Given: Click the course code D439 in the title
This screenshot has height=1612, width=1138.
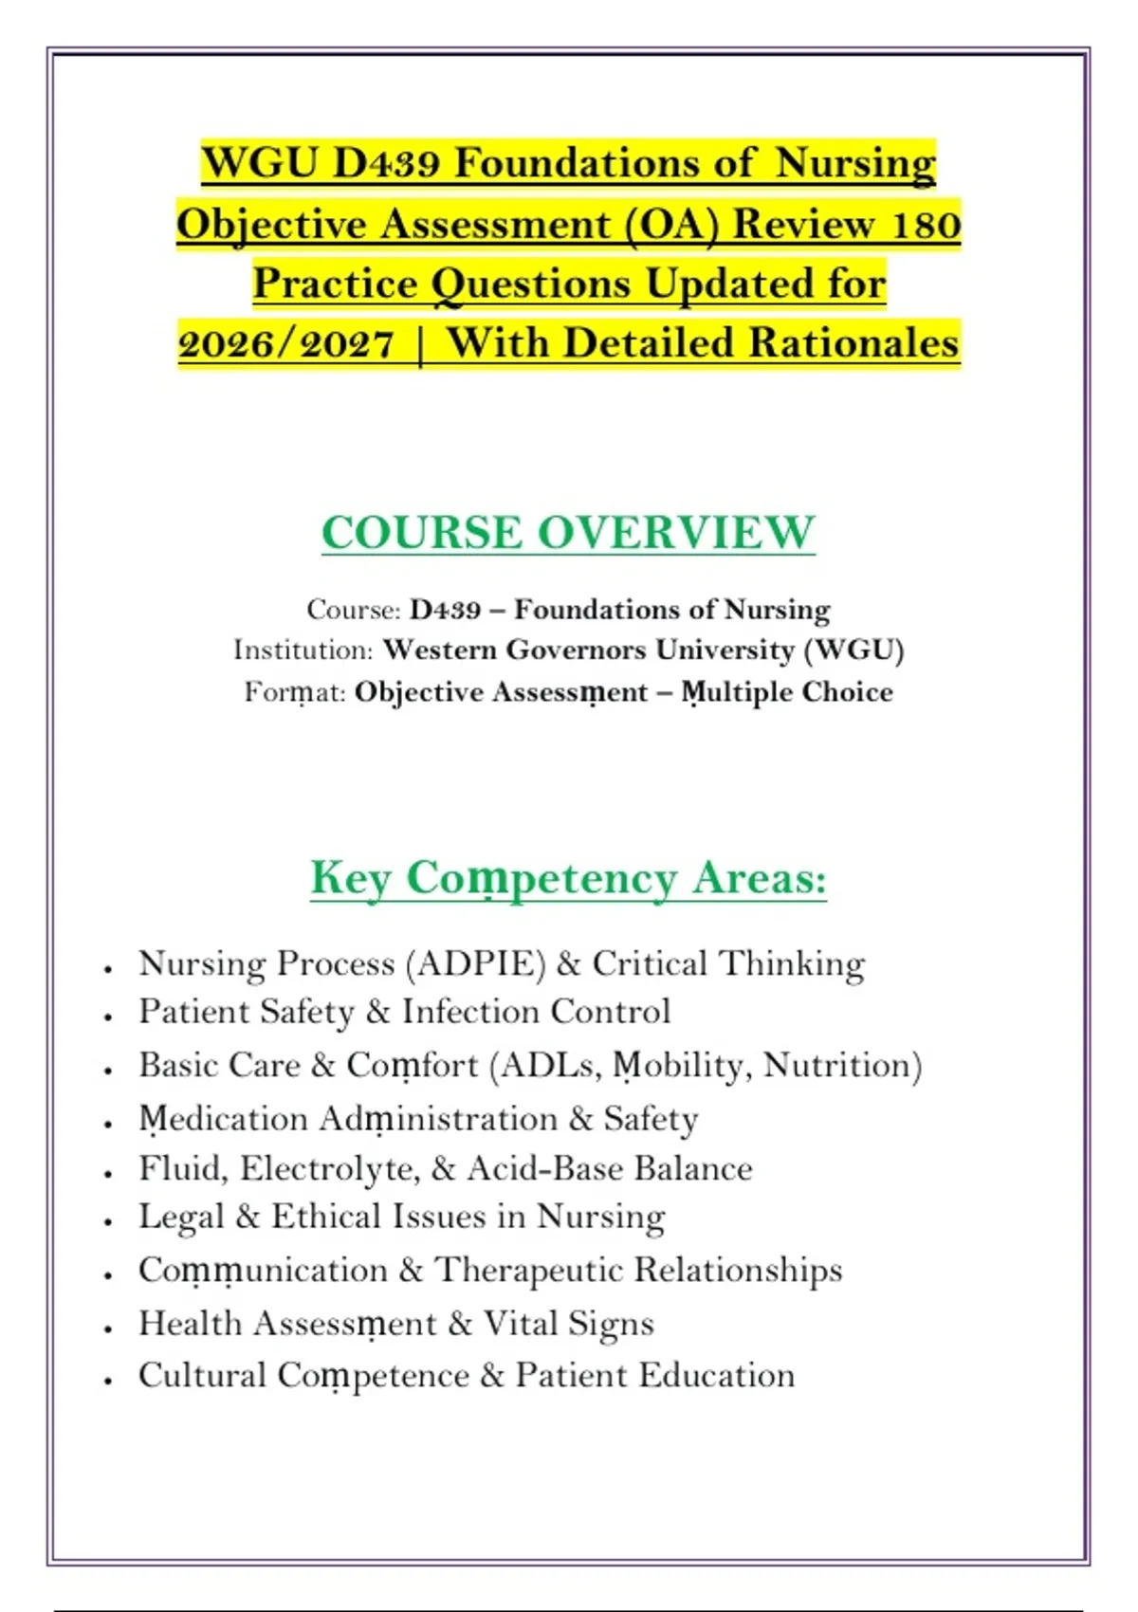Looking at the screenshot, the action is [x=386, y=163].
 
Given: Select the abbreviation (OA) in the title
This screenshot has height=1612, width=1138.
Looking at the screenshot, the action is [x=673, y=225].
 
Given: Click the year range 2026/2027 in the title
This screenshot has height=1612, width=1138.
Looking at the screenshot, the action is [x=286, y=343].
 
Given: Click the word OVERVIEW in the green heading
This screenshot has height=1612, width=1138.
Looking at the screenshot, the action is [x=676, y=532].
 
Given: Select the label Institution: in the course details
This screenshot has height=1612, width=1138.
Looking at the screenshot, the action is [x=303, y=650].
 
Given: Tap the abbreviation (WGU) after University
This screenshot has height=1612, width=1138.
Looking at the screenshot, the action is [x=853, y=650].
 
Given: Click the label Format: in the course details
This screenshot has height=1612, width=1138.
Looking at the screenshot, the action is [x=295, y=692].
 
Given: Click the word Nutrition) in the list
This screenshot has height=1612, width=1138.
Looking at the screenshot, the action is [x=842, y=1065].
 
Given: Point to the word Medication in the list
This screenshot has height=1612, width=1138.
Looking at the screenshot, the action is [x=224, y=1119].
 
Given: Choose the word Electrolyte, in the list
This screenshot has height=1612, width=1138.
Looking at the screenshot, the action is [x=330, y=1168].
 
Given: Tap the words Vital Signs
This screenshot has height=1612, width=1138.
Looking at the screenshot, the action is [x=568, y=1324].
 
